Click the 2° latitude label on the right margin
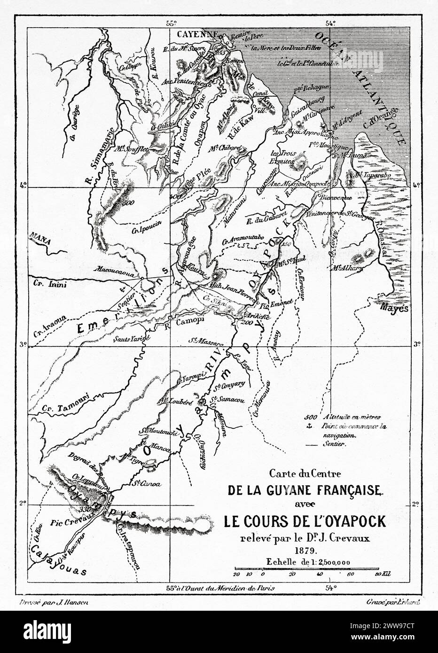coord(415,505)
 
